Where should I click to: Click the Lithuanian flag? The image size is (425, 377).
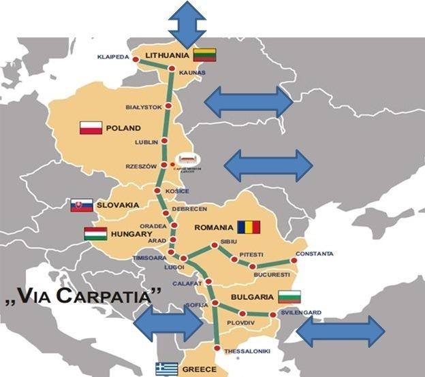(204, 55)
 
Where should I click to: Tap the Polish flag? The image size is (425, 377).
(91, 128)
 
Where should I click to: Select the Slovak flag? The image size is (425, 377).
(82, 205)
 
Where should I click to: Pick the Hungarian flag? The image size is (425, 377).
(95, 234)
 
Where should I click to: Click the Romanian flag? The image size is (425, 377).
(249, 227)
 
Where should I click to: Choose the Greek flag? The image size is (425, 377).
(167, 369)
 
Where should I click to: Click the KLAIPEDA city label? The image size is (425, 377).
(113, 57)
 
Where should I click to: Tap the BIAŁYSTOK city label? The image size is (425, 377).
(144, 107)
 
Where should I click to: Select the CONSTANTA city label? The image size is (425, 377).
(315, 254)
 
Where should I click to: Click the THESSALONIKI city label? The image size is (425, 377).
(247, 350)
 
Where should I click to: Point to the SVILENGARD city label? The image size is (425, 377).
(301, 313)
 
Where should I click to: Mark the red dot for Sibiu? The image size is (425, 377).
(215, 244)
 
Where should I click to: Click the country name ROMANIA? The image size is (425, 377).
(214, 227)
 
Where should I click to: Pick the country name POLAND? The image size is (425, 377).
(123, 128)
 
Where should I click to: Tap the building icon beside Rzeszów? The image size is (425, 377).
(185, 161)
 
